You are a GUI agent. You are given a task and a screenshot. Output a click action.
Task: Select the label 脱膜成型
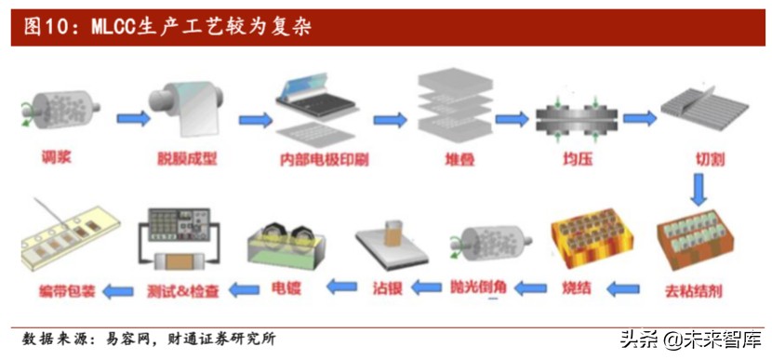[183, 158]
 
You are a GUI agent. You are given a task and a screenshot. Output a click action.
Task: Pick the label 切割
[710, 158]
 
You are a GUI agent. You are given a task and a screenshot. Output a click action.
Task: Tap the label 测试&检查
[183, 291]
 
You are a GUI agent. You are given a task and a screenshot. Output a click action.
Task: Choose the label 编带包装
[56, 291]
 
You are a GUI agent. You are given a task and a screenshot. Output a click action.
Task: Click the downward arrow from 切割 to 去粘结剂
[701, 190]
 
